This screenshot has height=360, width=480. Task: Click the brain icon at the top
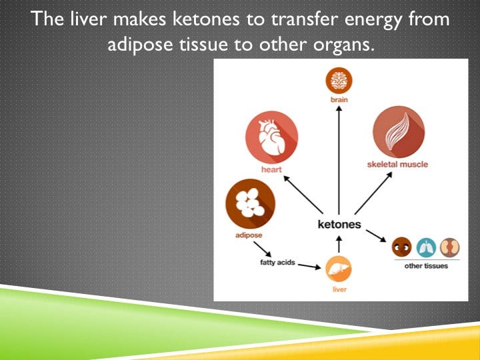click(x=339, y=80)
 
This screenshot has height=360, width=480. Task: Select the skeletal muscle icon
click(x=398, y=132)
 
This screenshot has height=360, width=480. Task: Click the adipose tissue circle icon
click(x=251, y=204)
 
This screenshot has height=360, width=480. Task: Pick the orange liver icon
click(x=339, y=269)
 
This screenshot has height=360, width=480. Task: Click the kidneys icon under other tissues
click(x=452, y=247)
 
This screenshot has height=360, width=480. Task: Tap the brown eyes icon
click(x=401, y=247)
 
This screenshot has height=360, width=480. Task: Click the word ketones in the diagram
click(x=339, y=224)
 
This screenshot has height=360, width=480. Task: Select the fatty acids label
click(x=277, y=262)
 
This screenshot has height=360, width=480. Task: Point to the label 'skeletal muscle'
click(x=397, y=164)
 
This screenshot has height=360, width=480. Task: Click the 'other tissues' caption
click(x=427, y=266)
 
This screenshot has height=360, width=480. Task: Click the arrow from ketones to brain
click(x=339, y=160)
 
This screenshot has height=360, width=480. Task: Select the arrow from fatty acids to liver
click(x=309, y=266)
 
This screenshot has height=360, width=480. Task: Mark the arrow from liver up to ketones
click(x=339, y=243)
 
